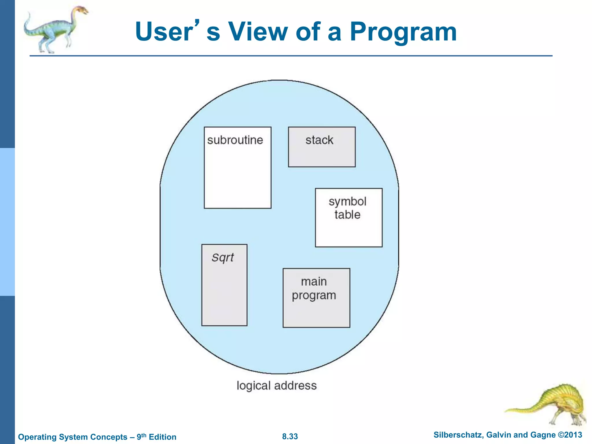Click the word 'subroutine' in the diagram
(x=235, y=140)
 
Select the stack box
(x=321, y=147)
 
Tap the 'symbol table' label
(x=347, y=208)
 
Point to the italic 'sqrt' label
(x=223, y=257)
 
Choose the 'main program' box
(x=316, y=298)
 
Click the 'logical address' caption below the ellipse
(x=277, y=386)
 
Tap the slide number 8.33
(x=290, y=436)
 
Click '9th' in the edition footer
(x=141, y=436)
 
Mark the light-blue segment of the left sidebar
(x=7, y=222)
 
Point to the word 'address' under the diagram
(x=295, y=386)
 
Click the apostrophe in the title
(x=197, y=23)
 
